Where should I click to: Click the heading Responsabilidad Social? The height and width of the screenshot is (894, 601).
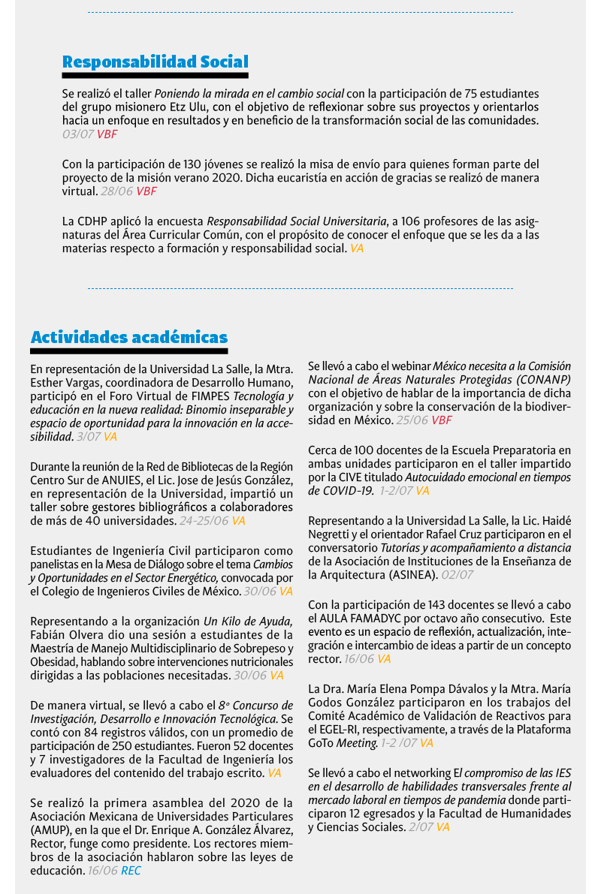155,62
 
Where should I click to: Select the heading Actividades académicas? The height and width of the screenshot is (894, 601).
129,337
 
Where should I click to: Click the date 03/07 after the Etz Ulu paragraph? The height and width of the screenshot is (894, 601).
77,134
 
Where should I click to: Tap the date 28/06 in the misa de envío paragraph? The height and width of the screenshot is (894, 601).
116,191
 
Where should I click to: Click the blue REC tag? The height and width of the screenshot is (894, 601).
131,871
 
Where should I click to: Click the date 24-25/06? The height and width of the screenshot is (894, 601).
203,520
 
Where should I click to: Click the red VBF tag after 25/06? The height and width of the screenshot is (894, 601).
442,420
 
